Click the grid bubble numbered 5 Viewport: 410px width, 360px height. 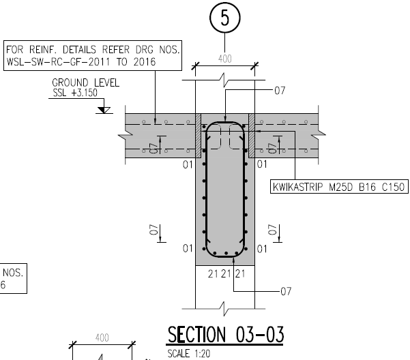point(225,18)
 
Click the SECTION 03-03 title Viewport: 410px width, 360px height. point(225,335)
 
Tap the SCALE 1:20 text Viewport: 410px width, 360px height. point(188,354)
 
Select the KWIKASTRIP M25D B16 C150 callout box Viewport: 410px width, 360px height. point(339,187)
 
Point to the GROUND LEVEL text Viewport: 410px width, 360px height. point(85,82)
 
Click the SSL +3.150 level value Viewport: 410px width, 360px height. point(75,93)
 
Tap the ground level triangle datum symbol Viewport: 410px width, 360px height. point(104,110)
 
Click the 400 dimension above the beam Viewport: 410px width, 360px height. point(225,59)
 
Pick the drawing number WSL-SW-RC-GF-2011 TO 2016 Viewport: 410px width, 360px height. point(80,62)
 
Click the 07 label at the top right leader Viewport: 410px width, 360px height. point(280,91)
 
